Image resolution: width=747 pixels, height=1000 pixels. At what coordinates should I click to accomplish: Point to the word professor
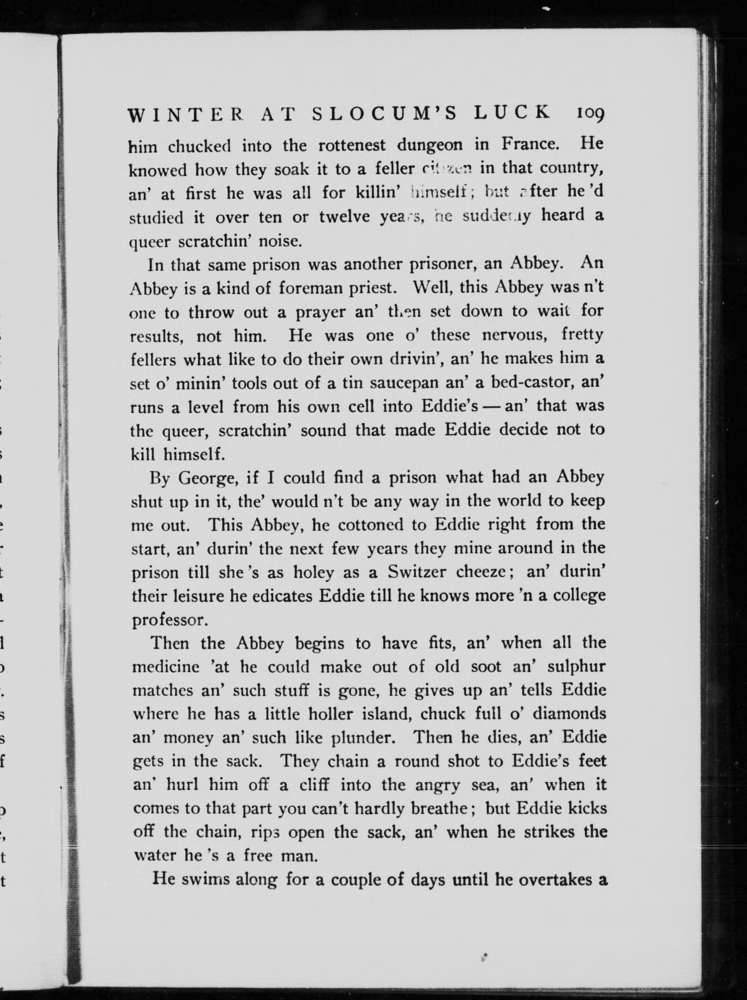click(169, 621)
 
